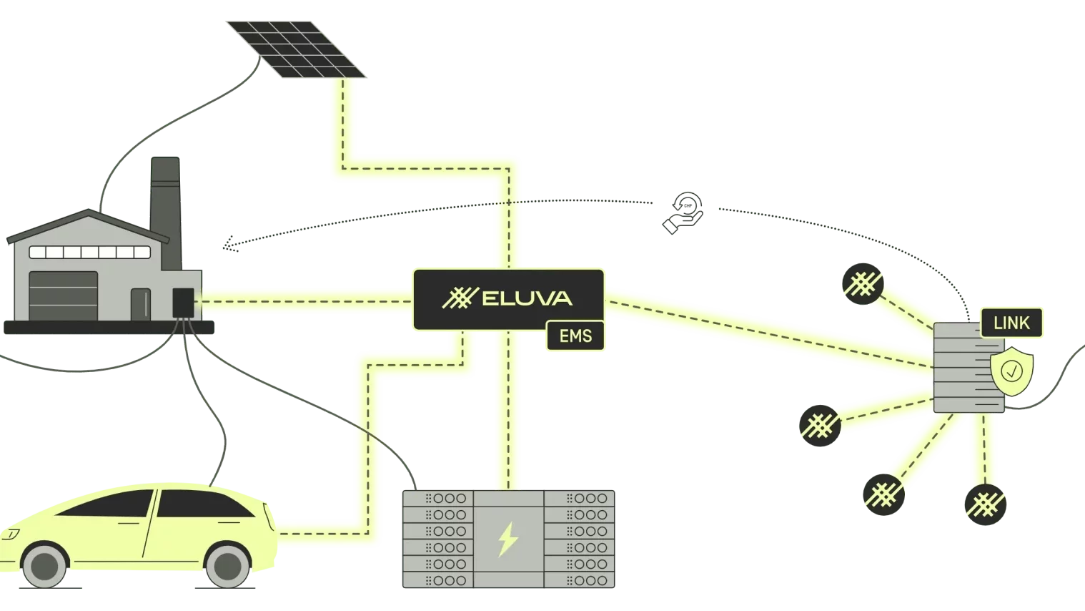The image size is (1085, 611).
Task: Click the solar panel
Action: coord(296,47)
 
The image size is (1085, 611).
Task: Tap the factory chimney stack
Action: coord(165,197)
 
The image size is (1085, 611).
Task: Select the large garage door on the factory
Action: coord(63,295)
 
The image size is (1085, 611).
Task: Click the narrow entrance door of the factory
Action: coord(141,304)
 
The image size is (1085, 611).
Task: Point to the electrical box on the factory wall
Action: coord(183,303)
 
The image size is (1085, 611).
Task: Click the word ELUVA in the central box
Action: coord(527,298)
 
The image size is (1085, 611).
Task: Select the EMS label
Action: coord(575,336)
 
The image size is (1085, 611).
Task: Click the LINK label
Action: coord(1011,323)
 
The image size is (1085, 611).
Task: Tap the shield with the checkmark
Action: coord(1011,371)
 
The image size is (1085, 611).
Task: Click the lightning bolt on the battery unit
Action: coord(507,539)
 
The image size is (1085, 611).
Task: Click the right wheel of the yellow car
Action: coord(227,565)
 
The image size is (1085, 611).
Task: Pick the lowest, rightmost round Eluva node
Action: coord(986,505)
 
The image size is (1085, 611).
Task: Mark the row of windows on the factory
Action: coord(89,252)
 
